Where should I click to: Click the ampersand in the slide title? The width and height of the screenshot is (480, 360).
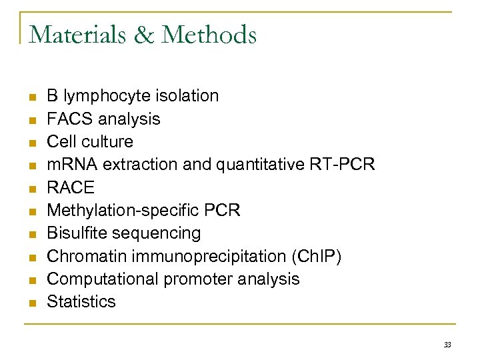coord(141,34)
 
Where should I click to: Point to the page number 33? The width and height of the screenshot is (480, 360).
coord(447,345)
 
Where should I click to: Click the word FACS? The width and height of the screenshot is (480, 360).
coord(70,119)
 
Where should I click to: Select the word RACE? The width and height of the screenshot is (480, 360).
coord(71,187)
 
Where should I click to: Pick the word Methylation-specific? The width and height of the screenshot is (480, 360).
coord(117,210)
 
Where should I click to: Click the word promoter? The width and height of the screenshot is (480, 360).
coord(190,279)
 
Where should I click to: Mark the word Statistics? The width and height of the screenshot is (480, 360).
coord(81,301)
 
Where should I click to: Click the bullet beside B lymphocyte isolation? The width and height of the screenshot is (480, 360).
coord(31,97)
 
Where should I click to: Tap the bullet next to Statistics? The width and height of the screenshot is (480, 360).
coord(31,303)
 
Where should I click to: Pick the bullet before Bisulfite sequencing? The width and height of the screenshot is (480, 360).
coord(31,234)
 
